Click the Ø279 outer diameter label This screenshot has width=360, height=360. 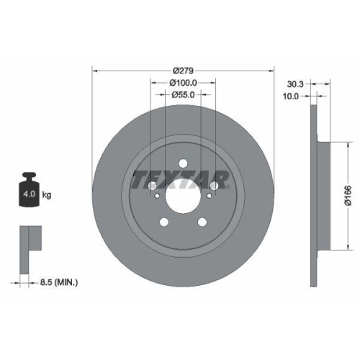pos(184,71)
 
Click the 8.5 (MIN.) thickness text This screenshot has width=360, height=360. pos(60,283)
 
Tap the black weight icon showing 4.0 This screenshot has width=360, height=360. pos(30,190)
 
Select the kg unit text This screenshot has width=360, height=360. pos(47,195)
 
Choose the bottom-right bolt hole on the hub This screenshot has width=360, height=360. pos(202,222)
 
